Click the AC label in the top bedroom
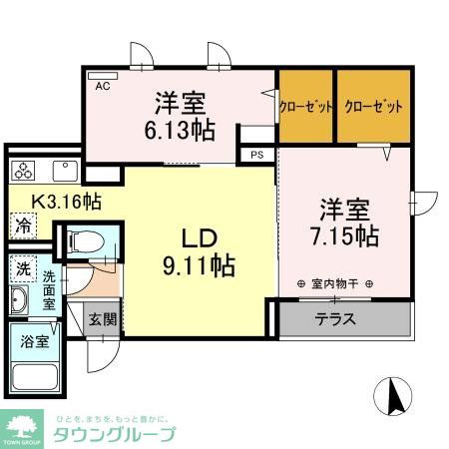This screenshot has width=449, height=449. click(x=102, y=87)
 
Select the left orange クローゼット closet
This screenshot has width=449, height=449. click(x=306, y=106)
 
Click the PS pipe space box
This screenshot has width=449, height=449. click(x=256, y=155)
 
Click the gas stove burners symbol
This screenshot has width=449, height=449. click(x=23, y=168)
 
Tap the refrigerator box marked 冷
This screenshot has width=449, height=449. click(x=22, y=225)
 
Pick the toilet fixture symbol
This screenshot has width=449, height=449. click(x=84, y=240)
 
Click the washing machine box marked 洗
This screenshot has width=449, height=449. click(x=22, y=268)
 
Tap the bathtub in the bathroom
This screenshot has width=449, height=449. click(x=36, y=377)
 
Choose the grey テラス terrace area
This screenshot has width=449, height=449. click(x=343, y=320)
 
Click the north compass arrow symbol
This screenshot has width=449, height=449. click(x=393, y=398)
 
